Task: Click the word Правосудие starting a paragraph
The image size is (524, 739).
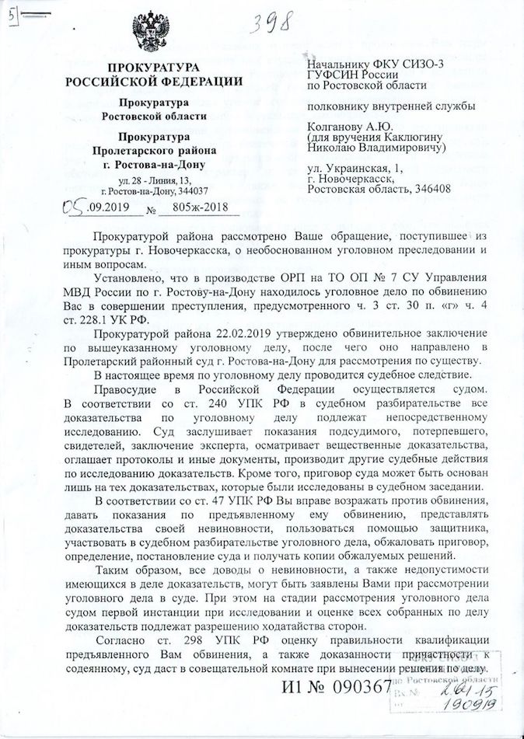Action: [x=126, y=388]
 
